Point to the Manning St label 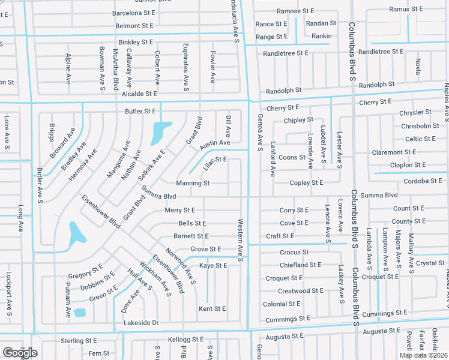[x=192, y=183]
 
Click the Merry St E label [x=180, y=210]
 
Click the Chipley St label [x=298, y=120]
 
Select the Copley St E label [x=306, y=183]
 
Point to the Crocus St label [x=294, y=253]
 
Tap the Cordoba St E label [x=423, y=181]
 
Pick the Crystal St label [x=430, y=263]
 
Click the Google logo [x=20, y=352]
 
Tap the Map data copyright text [x=424, y=355]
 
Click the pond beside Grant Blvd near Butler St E [x=158, y=133]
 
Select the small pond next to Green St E [x=80, y=313]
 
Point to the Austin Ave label [x=215, y=143]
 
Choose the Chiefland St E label [x=300, y=265]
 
